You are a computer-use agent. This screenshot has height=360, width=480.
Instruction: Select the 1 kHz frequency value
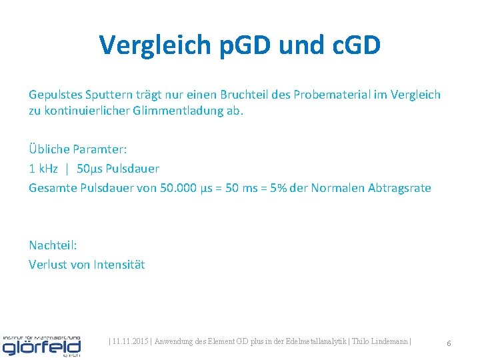pyautogui.click(x=43, y=169)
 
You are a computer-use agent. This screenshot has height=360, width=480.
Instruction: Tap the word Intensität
pyautogui.click(x=119, y=265)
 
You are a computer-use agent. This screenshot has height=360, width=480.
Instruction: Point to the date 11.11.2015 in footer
pyautogui.click(x=131, y=342)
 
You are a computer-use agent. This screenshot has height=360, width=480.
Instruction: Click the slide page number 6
pyautogui.click(x=449, y=343)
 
